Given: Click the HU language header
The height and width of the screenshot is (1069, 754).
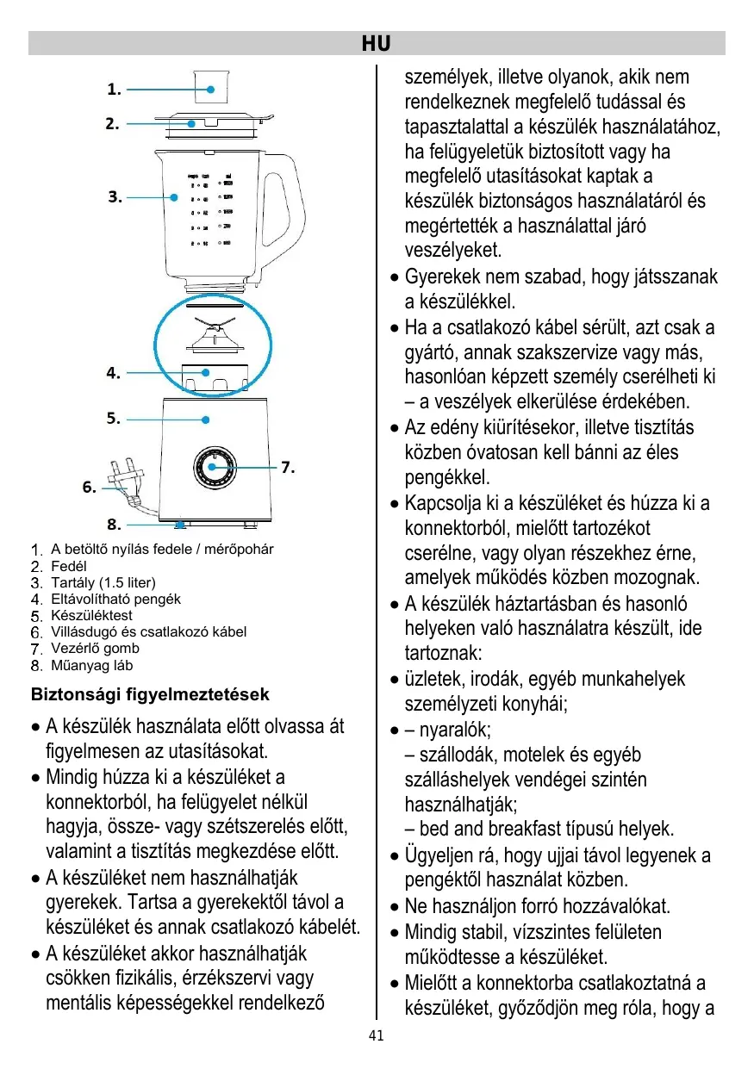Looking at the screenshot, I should tap(376, 43).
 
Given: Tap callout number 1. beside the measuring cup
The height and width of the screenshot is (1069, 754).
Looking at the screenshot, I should tap(114, 89).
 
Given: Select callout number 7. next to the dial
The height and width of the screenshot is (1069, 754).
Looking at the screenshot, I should tap(289, 468).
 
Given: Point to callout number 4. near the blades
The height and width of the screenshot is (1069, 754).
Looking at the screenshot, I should tap(113, 373).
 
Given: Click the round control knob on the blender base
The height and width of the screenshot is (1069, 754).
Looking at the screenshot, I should tap(213, 469).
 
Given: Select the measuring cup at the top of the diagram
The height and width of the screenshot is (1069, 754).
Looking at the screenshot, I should tap(212, 85).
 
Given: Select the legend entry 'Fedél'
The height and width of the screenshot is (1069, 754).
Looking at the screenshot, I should tap(69, 566).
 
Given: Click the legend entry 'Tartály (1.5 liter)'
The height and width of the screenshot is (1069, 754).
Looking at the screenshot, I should tap(103, 582).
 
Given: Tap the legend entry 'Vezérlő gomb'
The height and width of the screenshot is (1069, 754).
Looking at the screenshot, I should tap(95, 649).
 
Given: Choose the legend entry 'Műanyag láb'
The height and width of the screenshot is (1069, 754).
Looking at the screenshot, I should tap(92, 665).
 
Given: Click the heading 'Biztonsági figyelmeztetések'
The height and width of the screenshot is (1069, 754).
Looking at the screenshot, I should tap(150, 694).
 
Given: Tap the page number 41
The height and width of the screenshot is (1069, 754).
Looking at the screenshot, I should tap(376, 1036).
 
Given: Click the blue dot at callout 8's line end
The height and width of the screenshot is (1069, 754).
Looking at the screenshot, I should tap(179, 524).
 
